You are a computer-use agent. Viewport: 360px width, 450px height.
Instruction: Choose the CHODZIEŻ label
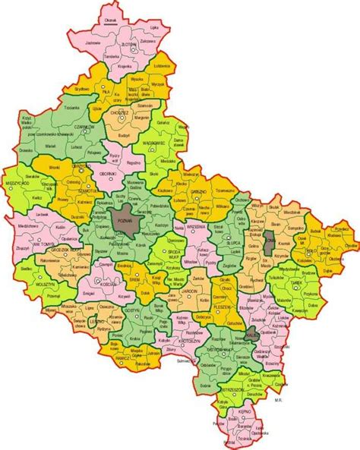pyautogui.click(x=121, y=112)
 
